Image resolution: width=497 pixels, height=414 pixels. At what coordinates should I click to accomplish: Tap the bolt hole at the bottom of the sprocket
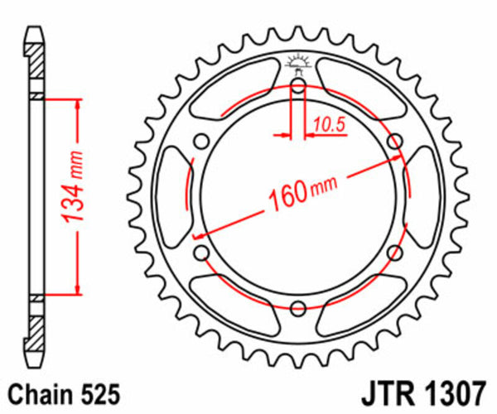pos(297,308)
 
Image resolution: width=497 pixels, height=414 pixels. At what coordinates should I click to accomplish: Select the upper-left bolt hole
pos(200,140)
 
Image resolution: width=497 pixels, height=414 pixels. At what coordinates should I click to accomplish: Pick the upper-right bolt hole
pos(394,140)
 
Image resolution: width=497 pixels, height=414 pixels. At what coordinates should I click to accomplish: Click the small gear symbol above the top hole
pos(297,63)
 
